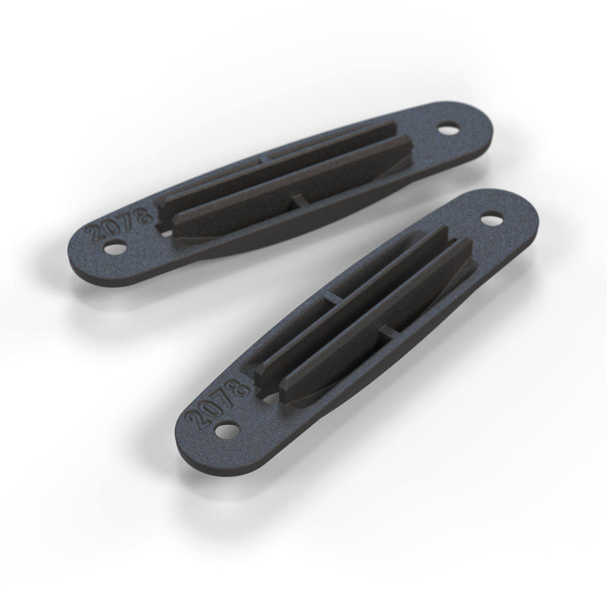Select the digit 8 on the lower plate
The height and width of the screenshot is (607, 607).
coord(241,388)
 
